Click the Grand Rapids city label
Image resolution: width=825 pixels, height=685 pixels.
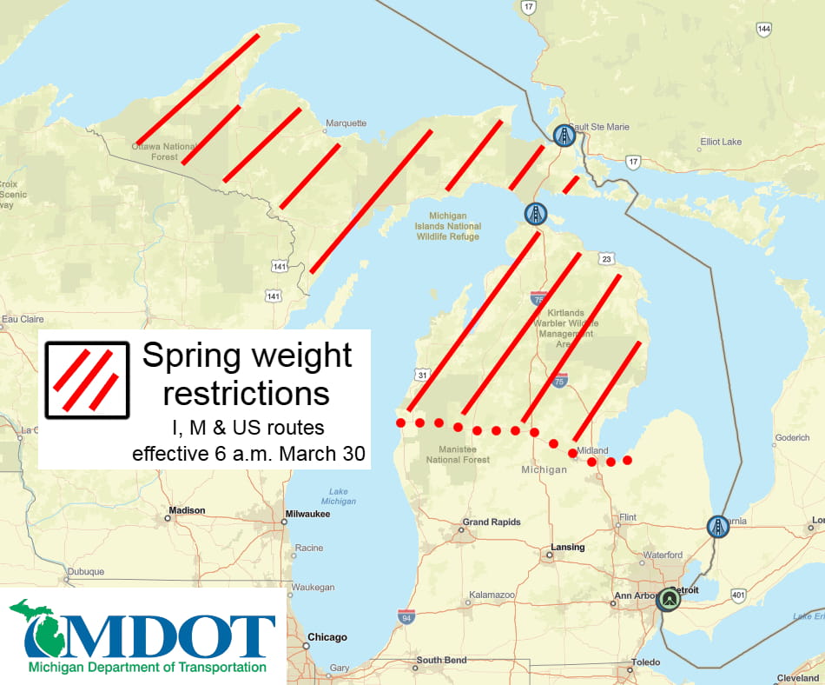coord(492,522)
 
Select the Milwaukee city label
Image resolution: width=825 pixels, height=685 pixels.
coord(308,514)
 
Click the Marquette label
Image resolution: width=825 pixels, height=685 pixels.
coord(346,123)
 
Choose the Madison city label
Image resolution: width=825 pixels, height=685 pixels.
coord(188,510)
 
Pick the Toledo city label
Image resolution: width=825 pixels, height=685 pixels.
coord(645,662)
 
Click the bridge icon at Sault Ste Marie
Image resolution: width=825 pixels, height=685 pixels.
coord(564,135)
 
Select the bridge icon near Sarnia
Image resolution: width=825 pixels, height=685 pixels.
coord(717,526)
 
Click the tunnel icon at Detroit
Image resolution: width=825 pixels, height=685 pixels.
coord(668,600)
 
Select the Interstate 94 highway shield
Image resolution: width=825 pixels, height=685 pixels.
coord(406,616)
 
